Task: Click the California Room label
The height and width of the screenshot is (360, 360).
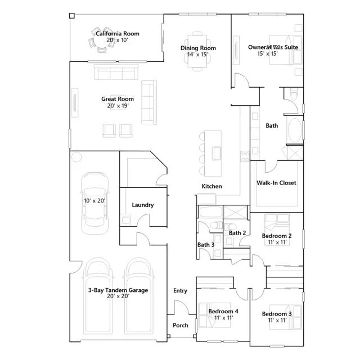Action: [118, 34]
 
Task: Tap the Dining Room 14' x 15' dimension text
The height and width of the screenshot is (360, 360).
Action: [197, 55]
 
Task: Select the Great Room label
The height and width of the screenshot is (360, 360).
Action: [118, 99]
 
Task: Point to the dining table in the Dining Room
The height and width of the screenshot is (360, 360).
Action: [197, 51]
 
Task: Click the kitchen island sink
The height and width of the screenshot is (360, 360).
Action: [217, 153]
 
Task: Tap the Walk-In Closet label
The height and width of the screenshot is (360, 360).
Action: [276, 183]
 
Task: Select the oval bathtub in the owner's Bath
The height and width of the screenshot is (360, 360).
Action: [295, 130]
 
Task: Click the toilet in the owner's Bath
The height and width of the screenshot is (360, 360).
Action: [294, 94]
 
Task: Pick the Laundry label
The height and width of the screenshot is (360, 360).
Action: [143, 205]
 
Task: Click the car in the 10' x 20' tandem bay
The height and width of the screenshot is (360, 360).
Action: [94, 203]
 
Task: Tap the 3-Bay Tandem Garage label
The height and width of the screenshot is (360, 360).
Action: [118, 290]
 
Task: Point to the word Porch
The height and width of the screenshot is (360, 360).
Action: [181, 325]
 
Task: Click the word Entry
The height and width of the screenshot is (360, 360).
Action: [180, 291]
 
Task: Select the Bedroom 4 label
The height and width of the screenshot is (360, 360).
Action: [223, 312]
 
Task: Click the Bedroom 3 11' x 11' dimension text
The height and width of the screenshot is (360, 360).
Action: [277, 320]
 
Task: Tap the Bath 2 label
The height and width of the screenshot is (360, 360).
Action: [237, 233]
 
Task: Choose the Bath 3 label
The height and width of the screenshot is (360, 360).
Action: [206, 245]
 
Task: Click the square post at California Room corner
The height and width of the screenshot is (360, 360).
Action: [72, 16]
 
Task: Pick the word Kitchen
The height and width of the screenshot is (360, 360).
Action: [211, 186]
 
